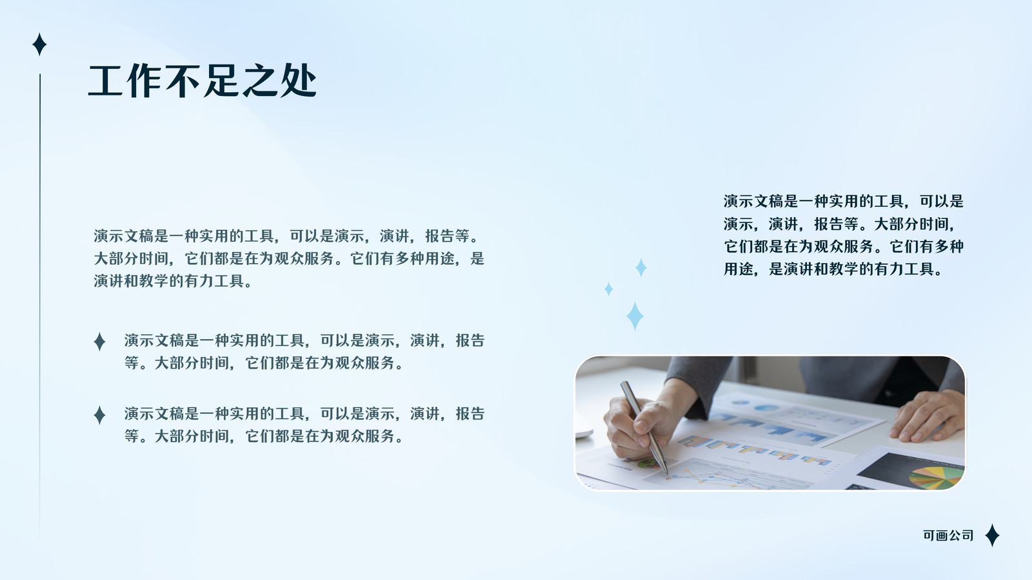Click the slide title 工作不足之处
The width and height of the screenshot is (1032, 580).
(202, 81)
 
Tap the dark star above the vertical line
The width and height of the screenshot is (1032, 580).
(39, 44)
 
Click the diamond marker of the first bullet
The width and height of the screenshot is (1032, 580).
(99, 342)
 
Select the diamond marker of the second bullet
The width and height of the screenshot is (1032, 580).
(99, 415)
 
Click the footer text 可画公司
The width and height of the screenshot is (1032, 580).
(948, 536)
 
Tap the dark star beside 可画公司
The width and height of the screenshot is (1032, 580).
(993, 535)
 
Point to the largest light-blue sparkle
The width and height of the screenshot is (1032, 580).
(635, 316)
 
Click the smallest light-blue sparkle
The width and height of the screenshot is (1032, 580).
(609, 289)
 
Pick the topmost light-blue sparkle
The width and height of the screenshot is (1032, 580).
(641, 267)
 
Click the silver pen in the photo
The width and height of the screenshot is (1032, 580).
(644, 427)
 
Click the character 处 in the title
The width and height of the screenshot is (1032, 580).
(298, 81)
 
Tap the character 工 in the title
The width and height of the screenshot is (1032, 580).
(106, 81)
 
